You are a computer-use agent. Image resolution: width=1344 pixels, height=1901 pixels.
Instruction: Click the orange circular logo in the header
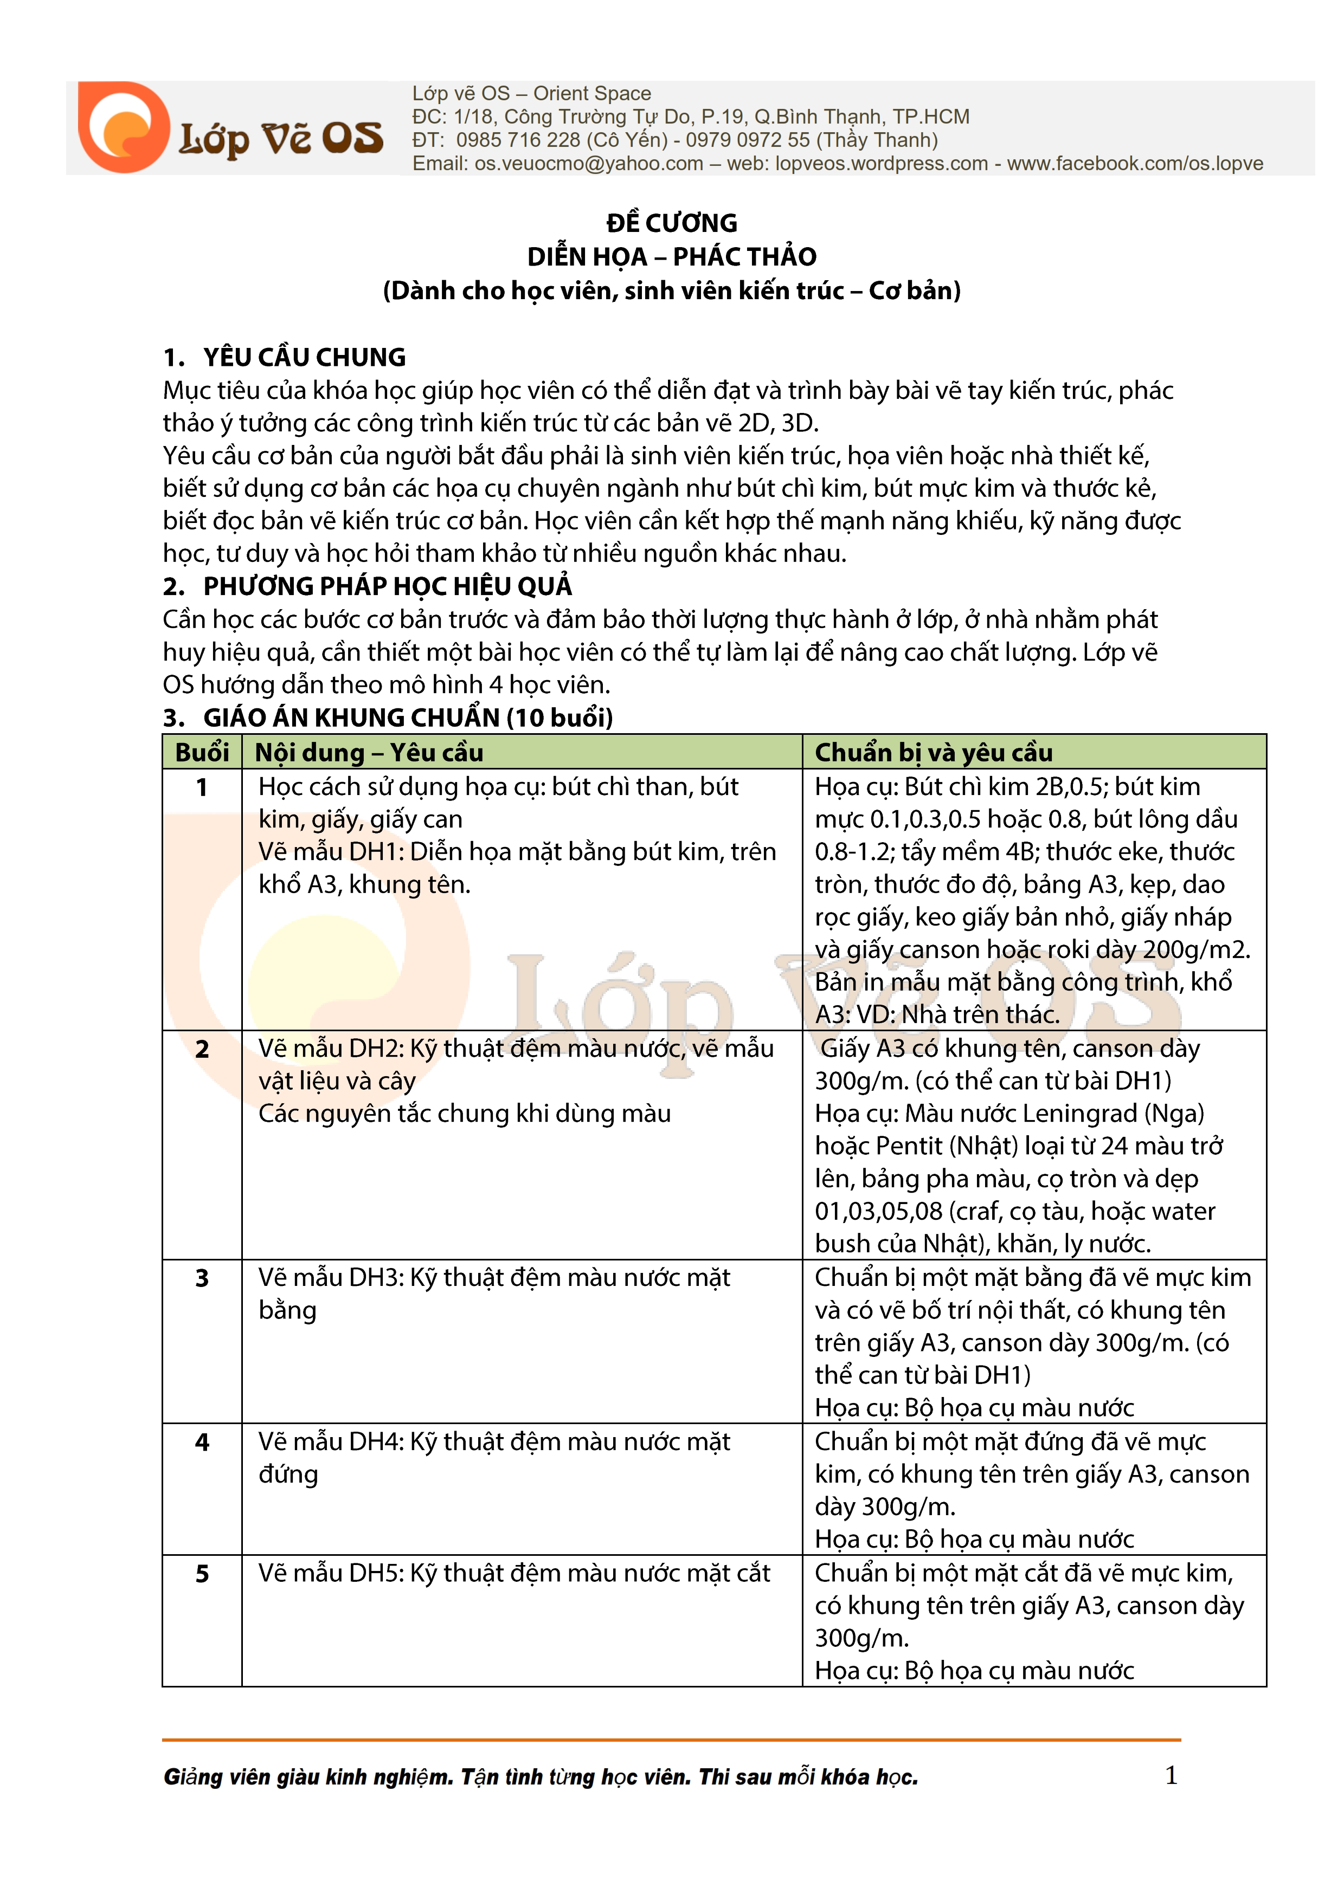click(x=124, y=127)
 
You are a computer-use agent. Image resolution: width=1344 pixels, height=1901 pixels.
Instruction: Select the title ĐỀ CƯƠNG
click(x=672, y=223)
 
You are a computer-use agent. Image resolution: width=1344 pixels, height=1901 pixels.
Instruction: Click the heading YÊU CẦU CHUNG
click(x=304, y=358)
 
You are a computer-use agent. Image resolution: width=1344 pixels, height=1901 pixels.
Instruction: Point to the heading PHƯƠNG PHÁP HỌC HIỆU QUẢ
click(x=388, y=586)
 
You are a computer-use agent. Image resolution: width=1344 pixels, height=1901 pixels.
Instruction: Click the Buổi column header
click(x=202, y=753)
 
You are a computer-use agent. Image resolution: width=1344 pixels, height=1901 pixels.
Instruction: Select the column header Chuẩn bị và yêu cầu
click(x=933, y=753)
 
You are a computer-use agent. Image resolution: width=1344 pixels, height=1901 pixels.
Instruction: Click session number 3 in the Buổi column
click(x=202, y=1278)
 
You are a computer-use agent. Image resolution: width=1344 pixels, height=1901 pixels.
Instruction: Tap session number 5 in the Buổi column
click(x=202, y=1574)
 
